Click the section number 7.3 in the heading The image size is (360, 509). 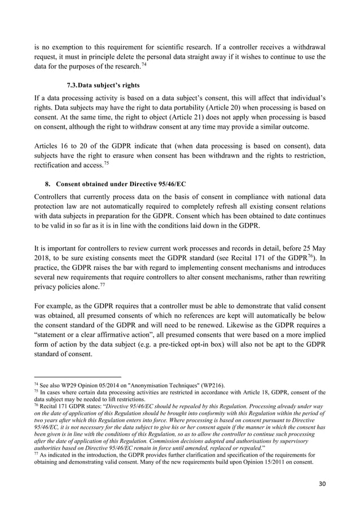click(72, 85)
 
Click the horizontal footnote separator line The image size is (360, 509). click(78, 376)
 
